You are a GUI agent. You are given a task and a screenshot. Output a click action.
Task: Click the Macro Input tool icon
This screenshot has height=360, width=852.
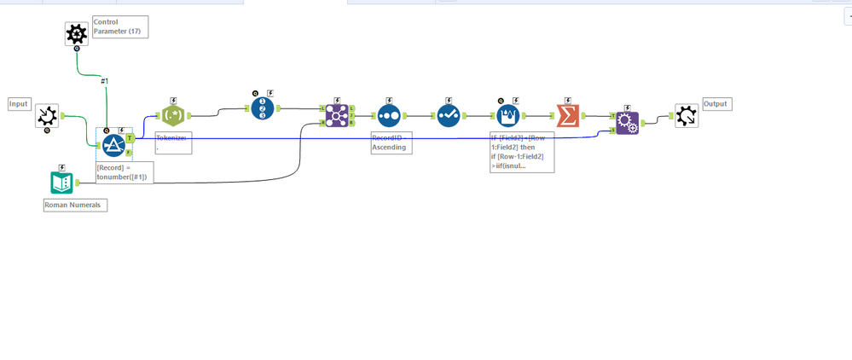coord(47,116)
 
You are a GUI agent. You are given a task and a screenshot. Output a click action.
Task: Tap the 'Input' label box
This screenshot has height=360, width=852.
coord(19,104)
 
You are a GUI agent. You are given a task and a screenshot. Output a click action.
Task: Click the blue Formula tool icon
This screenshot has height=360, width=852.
coord(114,144)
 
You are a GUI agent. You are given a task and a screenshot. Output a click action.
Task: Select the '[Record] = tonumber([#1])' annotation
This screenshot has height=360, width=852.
coord(125,172)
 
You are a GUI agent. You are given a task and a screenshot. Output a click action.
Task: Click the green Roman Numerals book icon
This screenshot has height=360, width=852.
coord(61,183)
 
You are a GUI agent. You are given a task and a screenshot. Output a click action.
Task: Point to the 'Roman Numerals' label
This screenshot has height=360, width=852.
coord(76,205)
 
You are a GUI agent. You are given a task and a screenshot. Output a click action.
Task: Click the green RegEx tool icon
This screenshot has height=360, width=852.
coord(174,115)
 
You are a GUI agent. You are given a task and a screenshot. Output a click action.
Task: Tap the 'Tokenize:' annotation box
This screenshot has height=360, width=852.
coord(173,142)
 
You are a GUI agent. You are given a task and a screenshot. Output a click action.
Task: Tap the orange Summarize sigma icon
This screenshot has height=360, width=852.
coord(567,115)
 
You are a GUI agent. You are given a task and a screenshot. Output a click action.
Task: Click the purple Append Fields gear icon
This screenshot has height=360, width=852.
coord(627,124)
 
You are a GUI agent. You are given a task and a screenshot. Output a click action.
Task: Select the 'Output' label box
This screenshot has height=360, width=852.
coord(716,104)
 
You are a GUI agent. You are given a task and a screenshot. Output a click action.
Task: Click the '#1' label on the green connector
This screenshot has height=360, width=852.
coord(105,81)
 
